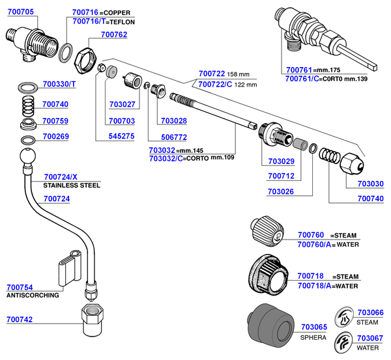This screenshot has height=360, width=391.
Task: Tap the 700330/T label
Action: (x=59, y=84)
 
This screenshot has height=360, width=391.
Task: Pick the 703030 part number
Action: (x=371, y=183)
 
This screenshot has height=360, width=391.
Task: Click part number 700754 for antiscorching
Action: (x=20, y=287)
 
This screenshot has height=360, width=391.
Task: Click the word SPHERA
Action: (x=313, y=339)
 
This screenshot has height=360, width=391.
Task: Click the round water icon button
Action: (x=343, y=342)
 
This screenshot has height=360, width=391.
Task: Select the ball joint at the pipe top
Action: (x=29, y=158)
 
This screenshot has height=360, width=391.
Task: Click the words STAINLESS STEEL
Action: (x=71, y=186)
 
